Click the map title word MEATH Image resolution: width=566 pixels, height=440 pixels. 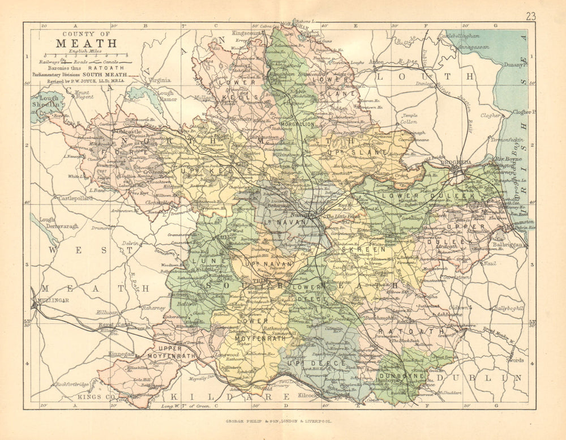[86, 43]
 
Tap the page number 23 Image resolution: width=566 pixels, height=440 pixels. [530, 16]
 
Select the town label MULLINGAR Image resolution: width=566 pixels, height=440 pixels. [52, 300]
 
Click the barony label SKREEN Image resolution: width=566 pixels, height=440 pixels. [370, 249]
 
